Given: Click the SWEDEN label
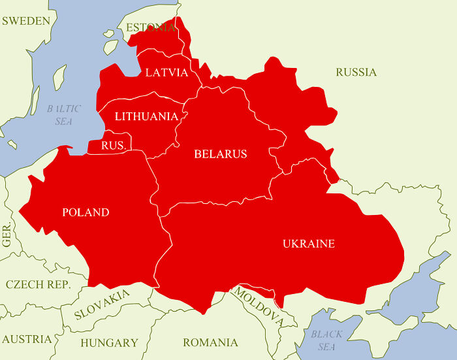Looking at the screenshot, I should [26, 21].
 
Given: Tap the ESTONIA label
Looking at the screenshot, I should [151, 27].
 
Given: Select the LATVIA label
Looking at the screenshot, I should [166, 72].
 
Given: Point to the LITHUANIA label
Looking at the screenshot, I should [146, 116].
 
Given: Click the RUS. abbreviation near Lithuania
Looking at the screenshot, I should [113, 146].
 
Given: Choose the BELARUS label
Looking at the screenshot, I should [221, 154].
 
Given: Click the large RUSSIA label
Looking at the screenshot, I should [356, 72].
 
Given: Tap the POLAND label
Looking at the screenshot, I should [86, 212].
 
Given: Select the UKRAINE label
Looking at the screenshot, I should [308, 244].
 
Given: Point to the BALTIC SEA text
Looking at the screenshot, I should [64, 115].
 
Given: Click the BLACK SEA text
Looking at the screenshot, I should [326, 340].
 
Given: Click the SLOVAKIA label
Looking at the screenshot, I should [102, 304].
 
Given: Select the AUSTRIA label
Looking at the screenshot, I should [26, 339].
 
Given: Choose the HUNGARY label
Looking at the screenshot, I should [109, 342].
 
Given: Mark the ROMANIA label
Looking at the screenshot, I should [210, 342].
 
